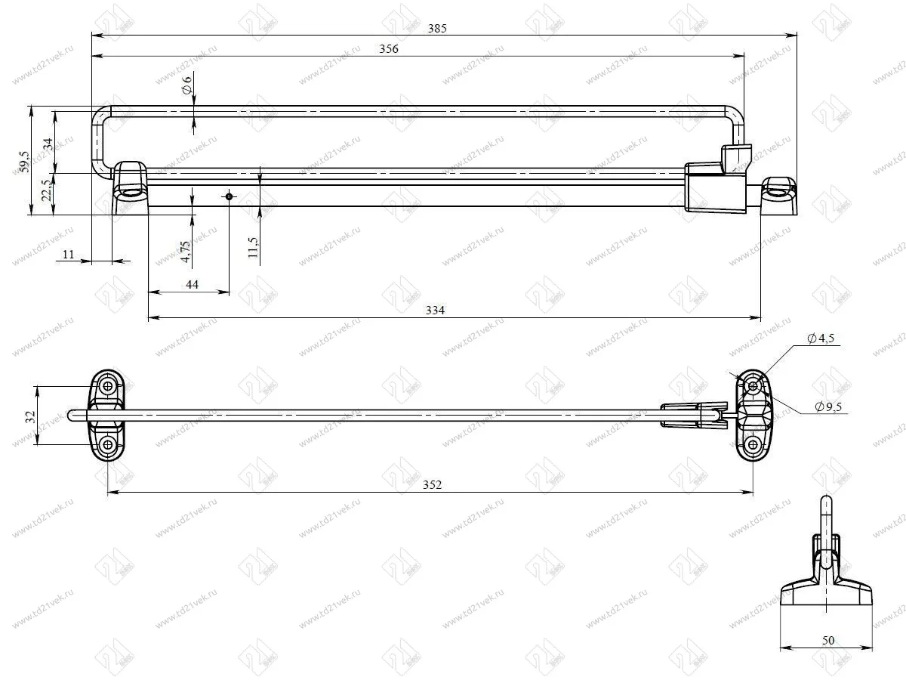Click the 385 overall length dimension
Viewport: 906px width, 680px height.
(x=437, y=28)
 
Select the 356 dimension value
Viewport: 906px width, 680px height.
(x=389, y=49)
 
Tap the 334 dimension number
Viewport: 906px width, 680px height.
(x=436, y=310)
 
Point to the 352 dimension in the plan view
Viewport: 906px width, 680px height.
(x=432, y=484)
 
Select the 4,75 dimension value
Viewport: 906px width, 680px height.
(x=186, y=250)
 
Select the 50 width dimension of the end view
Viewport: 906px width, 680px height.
(x=827, y=640)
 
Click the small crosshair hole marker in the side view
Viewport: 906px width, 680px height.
(x=229, y=196)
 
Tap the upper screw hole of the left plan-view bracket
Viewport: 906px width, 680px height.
(x=109, y=386)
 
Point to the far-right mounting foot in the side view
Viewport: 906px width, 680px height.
(x=778, y=196)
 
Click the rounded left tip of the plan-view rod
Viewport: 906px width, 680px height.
(x=72, y=415)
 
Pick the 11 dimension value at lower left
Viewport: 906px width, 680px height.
(x=68, y=255)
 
